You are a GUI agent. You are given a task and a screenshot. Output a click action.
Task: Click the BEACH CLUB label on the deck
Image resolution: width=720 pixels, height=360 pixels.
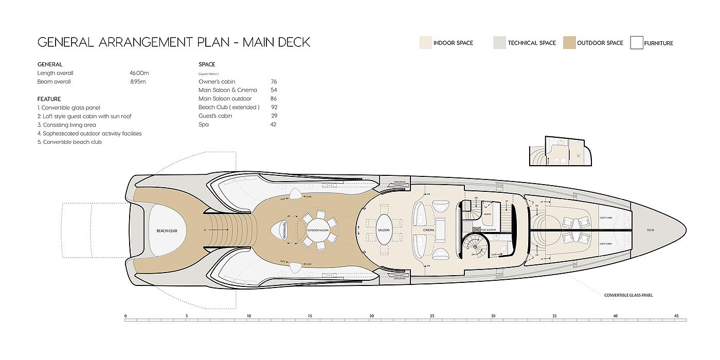167,231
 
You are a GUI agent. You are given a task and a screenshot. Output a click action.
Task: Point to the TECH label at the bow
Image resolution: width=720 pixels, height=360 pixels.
651,230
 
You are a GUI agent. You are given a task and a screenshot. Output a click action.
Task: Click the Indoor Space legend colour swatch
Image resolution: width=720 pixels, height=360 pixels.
425,43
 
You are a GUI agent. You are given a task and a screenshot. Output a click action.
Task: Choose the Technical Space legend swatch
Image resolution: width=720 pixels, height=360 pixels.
499,43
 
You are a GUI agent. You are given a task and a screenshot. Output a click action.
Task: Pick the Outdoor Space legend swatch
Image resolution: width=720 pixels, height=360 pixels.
569,43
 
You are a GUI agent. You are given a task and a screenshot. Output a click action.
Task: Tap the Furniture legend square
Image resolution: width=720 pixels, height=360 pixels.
637,43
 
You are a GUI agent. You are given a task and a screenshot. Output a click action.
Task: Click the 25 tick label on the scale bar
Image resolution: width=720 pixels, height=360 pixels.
433,316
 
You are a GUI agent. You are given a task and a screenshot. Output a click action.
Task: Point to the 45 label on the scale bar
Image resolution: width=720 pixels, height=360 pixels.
676,316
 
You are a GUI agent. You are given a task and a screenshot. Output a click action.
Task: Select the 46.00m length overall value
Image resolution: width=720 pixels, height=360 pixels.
139,73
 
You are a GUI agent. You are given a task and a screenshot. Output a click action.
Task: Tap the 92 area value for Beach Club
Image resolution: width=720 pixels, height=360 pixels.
274,107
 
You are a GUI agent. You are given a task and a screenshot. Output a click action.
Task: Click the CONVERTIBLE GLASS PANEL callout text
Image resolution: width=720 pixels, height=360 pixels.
628,295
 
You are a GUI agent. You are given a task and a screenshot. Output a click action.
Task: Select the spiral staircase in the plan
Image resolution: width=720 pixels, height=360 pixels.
474,247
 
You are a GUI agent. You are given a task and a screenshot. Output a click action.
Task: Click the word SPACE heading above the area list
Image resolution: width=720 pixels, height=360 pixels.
207,64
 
